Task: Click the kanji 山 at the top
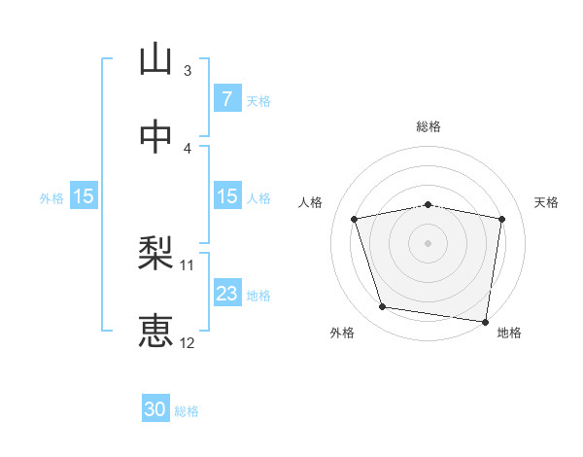pos(155,59)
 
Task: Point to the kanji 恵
pos(155,331)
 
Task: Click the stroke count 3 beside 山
pos(188,70)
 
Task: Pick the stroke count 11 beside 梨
pos(188,264)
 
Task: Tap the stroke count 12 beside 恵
pos(188,342)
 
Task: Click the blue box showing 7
pos(226,99)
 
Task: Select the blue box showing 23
pos(226,294)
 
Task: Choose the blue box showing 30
pos(155,410)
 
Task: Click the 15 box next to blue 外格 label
pos(84,196)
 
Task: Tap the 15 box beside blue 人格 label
pos(226,196)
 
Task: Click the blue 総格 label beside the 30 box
pos(187,411)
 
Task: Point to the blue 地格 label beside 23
pos(258,295)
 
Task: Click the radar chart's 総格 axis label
pos(429,126)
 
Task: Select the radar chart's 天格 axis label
pos(546,202)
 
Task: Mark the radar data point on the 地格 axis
pos(486,321)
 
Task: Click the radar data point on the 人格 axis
pos(355,219)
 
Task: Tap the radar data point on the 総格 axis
pos(429,204)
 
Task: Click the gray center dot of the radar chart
pos(429,243)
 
